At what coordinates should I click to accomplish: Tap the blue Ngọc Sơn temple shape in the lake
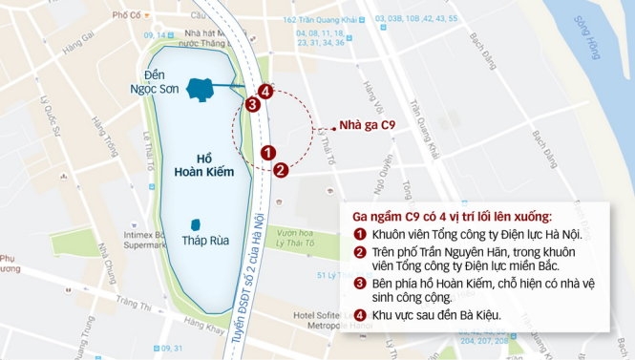tap(201, 89)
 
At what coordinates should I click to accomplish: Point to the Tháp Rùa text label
tap(201, 241)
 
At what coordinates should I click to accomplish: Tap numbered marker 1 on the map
tap(269, 152)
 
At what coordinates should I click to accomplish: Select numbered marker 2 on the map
tap(281, 170)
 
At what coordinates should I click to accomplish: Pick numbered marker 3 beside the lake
tap(252, 105)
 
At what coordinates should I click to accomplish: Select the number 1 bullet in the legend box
tap(360, 234)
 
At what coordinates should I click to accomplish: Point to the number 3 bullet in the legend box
tap(360, 284)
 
